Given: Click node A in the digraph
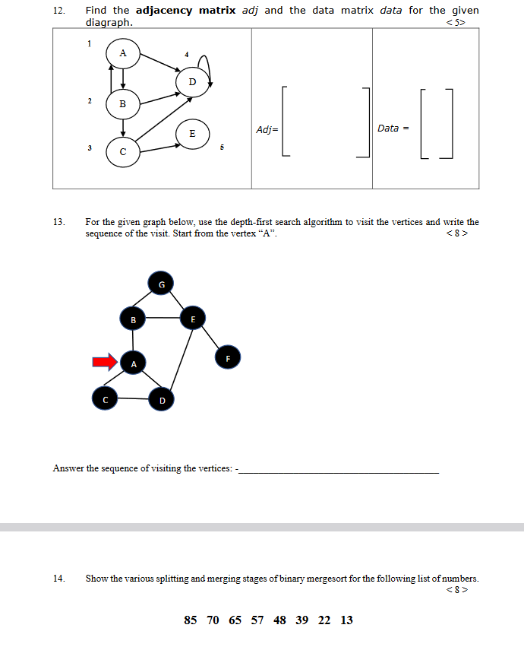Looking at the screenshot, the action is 123,53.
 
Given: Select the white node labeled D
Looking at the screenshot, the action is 192,81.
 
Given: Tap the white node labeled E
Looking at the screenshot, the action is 192,133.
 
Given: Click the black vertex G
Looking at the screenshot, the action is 160,284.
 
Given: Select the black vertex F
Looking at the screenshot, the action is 227,357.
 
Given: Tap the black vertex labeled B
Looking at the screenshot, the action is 133,319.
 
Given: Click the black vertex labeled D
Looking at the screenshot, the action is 162,398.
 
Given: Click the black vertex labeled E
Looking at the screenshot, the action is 192,319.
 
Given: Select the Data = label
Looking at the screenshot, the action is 393,128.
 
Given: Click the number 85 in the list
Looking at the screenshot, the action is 191,620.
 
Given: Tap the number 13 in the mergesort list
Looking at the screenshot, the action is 346,620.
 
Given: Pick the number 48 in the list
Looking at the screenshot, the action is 279,620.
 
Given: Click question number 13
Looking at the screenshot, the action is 58,223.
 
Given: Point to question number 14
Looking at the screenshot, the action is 58,579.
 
